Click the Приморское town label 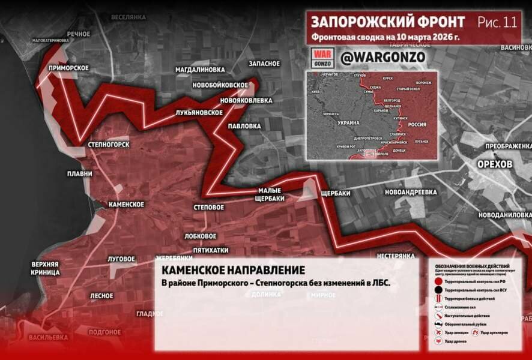[69, 68]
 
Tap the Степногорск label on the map [109, 145]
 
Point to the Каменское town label [126, 205]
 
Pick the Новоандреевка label [411, 192]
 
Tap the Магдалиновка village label [199, 70]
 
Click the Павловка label [244, 127]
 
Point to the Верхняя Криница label [46, 268]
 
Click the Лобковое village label [201, 236]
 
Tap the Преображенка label [508, 146]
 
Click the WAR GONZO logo [323, 58]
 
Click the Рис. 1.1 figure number [497, 23]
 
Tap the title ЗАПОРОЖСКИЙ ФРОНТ [387, 22]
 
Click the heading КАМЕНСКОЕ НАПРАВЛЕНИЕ [233, 270]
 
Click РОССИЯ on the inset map [417, 124]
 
